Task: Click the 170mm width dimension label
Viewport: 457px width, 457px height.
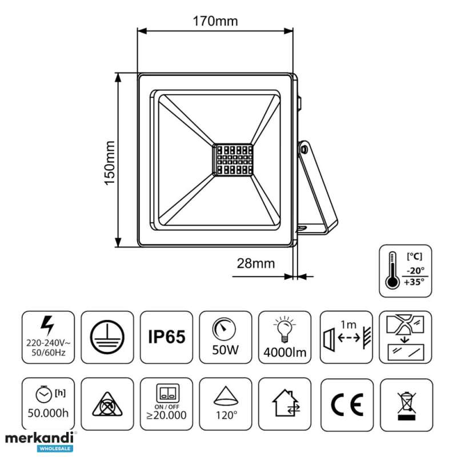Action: tap(215, 21)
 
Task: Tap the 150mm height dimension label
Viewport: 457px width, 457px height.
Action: tap(110, 163)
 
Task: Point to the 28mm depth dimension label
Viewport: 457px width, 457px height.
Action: tap(255, 263)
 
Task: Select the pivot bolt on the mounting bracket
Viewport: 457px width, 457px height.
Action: tap(304, 150)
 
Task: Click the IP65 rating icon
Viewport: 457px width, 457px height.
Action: tap(166, 337)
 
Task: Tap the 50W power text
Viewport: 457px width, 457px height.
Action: tap(225, 350)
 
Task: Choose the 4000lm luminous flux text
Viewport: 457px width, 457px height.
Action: tap(284, 352)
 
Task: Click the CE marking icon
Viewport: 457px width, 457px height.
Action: tap(347, 404)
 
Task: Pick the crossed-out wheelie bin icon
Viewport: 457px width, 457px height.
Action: tap(407, 406)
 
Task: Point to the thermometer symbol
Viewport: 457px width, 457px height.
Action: tap(392, 270)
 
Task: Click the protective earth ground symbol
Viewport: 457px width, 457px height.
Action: tap(107, 337)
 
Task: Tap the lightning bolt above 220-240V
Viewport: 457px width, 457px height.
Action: tap(47, 325)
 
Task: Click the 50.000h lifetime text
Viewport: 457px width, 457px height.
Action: tap(48, 413)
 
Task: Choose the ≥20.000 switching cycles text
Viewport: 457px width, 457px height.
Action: tap(166, 415)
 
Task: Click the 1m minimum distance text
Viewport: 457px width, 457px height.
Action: tap(348, 324)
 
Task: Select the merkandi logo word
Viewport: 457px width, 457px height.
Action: tap(39, 438)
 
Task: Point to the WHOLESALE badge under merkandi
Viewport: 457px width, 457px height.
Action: tap(55, 448)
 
